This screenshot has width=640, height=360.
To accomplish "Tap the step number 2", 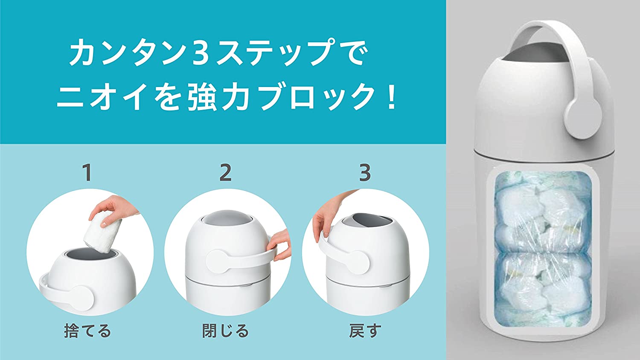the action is [x=225, y=172].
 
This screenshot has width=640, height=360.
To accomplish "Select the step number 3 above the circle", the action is [x=365, y=172].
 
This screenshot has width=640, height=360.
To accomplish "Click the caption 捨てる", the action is [x=87, y=330].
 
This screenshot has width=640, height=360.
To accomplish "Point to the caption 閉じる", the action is [x=225, y=330].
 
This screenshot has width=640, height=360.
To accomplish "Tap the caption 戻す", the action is [x=365, y=330].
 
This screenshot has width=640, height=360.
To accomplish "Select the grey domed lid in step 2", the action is [x=227, y=218].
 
